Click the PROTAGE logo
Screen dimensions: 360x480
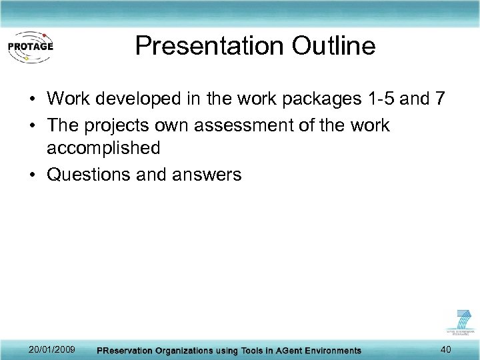30,47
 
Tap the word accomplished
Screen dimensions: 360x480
103,148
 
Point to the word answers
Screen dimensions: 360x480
205,175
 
